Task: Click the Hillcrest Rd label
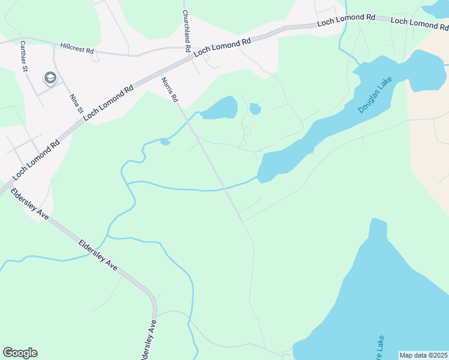77,49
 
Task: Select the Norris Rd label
170,88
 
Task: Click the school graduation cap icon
49,77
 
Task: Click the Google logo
20,353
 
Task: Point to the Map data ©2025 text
423,355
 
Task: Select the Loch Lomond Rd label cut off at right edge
419,23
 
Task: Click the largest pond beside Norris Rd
220,109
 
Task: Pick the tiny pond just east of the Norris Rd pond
255,109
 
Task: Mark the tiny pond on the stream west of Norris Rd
164,142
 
